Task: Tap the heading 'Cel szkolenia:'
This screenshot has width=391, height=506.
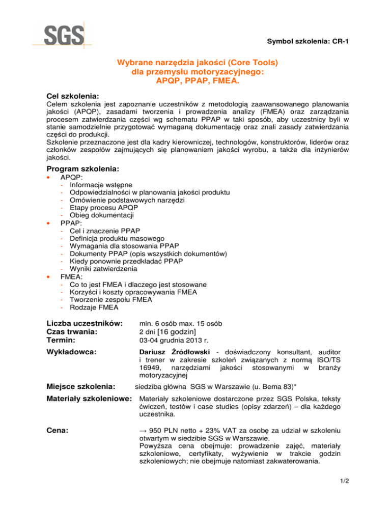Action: click(x=71, y=96)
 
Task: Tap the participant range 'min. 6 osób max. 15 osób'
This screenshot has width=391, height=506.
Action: click(x=181, y=323)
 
